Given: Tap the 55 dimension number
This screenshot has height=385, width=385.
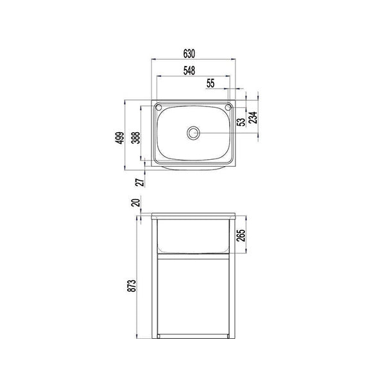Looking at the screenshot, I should click(x=212, y=83).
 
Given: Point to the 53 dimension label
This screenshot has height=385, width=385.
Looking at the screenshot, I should click(x=241, y=121).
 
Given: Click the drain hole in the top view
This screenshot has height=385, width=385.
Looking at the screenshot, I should click(x=193, y=133).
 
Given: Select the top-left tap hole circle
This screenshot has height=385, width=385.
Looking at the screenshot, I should click(x=159, y=107).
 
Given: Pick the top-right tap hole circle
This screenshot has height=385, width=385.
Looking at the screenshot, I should click(x=227, y=107).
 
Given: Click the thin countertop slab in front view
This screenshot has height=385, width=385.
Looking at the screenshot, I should click(x=193, y=216).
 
